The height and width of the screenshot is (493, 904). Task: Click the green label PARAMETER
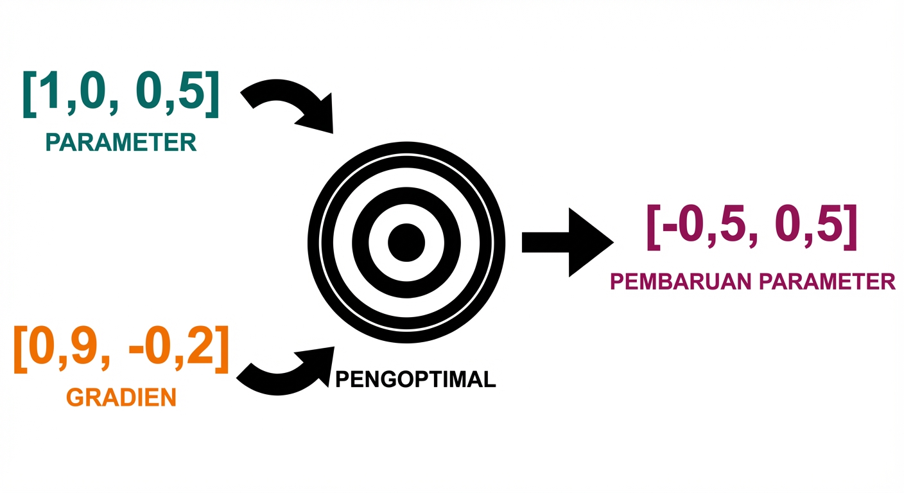point(121,142)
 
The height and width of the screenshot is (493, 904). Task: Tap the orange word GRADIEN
point(121,398)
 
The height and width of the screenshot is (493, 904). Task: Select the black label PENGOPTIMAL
point(416,379)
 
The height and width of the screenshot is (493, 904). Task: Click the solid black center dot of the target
point(406,243)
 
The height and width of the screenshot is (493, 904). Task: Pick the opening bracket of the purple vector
point(653,229)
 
